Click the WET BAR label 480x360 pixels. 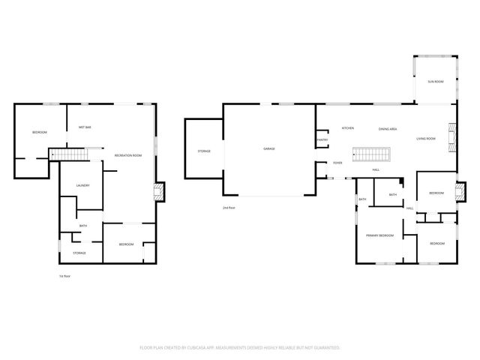pyautogui.click(x=85, y=127)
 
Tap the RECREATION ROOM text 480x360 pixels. pyautogui.click(x=127, y=155)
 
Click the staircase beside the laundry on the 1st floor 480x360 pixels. pyautogui.click(x=69, y=154)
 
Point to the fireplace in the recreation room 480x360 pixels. pyautogui.click(x=158, y=193)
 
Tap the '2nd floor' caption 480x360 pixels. pyautogui.click(x=228, y=207)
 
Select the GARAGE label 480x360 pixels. pyautogui.click(x=268, y=149)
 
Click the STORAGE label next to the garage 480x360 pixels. pyautogui.click(x=204, y=151)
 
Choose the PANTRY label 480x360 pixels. pyautogui.click(x=322, y=139)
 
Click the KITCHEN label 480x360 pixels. pyautogui.click(x=348, y=128)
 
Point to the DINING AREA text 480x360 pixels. pyautogui.click(x=388, y=128)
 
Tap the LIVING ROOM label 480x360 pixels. pyautogui.click(x=427, y=139)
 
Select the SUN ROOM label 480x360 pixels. pyautogui.click(x=435, y=81)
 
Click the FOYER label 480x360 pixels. pyautogui.click(x=339, y=162)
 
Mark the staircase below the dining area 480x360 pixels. pyautogui.click(x=373, y=154)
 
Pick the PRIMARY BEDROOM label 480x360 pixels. pyautogui.click(x=379, y=235)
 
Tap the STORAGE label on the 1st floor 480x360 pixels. pyautogui.click(x=79, y=253)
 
